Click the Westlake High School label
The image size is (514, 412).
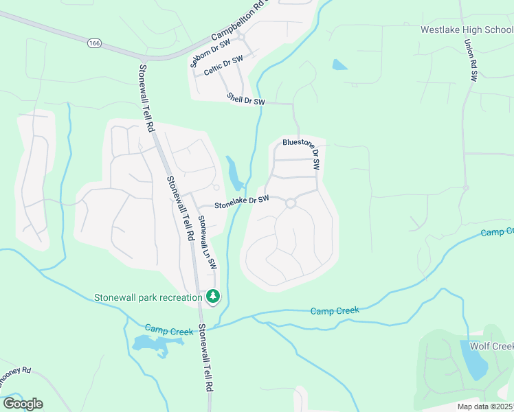[467, 30]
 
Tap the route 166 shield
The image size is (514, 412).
[93, 43]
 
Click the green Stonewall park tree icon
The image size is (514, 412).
[214, 297]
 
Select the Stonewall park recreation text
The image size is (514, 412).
[148, 297]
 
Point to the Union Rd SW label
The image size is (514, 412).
[471, 60]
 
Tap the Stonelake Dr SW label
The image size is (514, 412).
[241, 202]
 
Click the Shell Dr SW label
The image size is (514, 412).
[246, 100]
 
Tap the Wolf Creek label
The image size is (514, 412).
[491, 346]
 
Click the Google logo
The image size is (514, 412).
[23, 403]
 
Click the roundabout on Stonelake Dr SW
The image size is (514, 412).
[291, 203]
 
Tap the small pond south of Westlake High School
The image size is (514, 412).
[339, 65]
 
